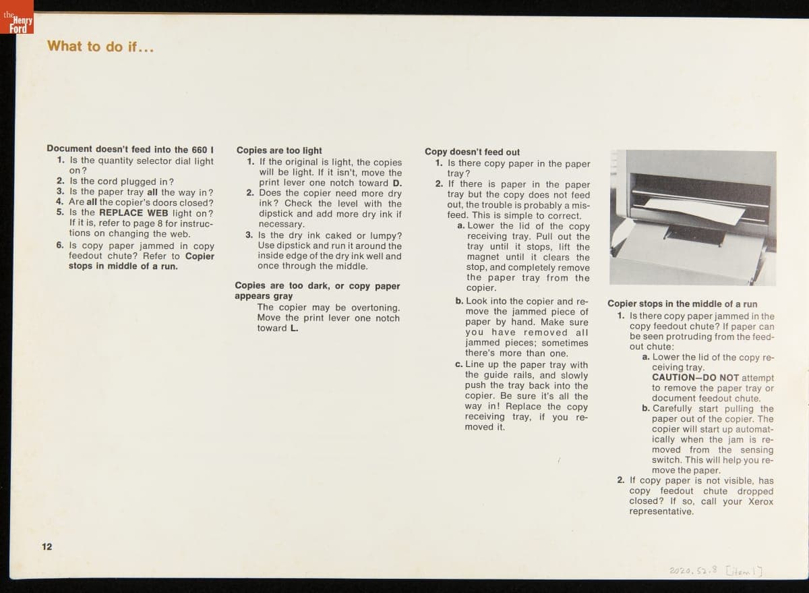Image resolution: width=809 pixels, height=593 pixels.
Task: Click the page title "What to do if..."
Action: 100,47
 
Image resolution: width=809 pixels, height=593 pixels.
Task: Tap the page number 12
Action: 47,546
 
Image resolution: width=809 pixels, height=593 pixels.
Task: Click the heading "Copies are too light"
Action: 279,150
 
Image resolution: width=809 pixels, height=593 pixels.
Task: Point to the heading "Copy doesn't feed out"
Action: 472,152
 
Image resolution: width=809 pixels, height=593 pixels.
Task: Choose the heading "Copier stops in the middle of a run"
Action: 682,304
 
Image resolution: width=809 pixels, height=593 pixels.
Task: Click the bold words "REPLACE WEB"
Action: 133,213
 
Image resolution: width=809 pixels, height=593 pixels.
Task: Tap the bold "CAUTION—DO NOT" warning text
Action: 695,378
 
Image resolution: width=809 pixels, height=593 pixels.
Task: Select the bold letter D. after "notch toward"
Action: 396,183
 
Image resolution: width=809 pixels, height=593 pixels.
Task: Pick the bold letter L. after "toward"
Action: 294,329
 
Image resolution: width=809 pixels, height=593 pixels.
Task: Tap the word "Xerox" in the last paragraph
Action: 760,501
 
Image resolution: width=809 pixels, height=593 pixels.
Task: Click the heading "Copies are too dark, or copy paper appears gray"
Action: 317,291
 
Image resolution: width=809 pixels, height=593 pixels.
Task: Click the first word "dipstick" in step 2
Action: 276,214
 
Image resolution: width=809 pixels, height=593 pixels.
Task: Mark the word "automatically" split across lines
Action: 748,429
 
